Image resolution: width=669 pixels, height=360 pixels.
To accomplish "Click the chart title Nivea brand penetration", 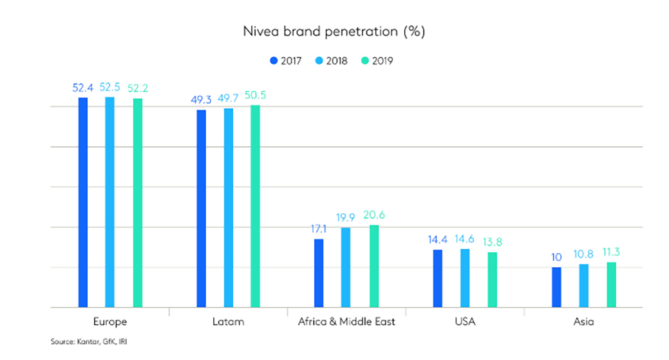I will point(334,30).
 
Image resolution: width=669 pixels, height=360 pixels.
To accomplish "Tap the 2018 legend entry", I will point(331,61).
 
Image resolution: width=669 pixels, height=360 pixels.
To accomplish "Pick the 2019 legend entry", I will point(377,61).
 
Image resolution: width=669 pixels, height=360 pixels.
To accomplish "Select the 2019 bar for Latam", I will point(255,206).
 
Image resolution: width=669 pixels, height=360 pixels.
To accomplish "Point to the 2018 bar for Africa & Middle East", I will point(346,267).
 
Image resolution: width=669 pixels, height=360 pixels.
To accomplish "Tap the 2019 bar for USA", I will point(492,279).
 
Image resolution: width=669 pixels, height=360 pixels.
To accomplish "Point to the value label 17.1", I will point(318,228).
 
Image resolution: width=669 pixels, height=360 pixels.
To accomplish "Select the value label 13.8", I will point(492,242).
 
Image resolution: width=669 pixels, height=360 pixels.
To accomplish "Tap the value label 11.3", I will point(612,252).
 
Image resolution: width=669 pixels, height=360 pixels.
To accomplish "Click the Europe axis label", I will point(110,321).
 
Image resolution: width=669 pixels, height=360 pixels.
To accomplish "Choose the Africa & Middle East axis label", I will point(347,321).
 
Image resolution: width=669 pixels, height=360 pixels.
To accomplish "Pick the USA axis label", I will point(465,321).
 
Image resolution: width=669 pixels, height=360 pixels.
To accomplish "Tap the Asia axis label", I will point(584,321).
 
